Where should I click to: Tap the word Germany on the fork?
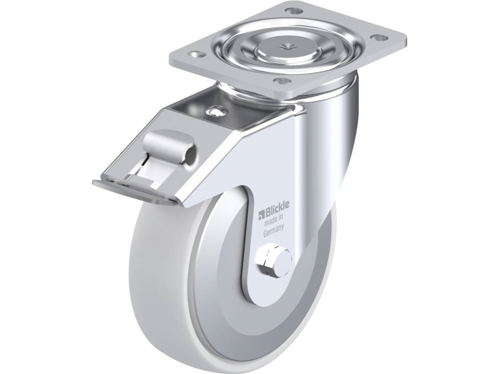pos(273,234)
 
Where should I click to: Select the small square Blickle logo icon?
pos(261,216)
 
